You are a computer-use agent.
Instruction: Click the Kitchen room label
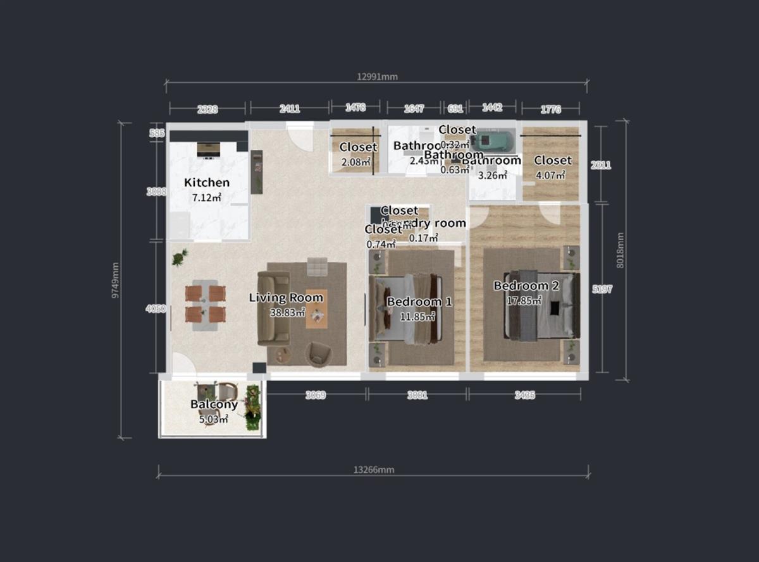click(x=207, y=183)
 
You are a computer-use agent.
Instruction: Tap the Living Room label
click(x=286, y=298)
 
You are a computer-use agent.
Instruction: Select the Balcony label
click(x=214, y=405)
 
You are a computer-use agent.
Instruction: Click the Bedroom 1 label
click(x=419, y=302)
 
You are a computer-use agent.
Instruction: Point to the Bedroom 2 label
click(x=526, y=286)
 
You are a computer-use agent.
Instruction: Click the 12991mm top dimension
click(x=377, y=77)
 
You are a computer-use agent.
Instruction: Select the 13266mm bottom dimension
click(x=373, y=470)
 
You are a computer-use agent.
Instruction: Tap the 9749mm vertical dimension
click(x=115, y=280)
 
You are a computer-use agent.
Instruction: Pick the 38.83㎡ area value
click(x=288, y=312)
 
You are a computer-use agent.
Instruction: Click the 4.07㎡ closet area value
click(x=550, y=175)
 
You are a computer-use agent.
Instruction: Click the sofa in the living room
click(x=273, y=308)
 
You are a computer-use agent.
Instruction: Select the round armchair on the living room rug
click(x=318, y=353)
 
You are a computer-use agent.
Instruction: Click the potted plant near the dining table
click(x=180, y=257)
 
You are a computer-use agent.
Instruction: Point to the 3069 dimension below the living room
click(x=315, y=395)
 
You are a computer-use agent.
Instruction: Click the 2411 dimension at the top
click(x=290, y=109)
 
